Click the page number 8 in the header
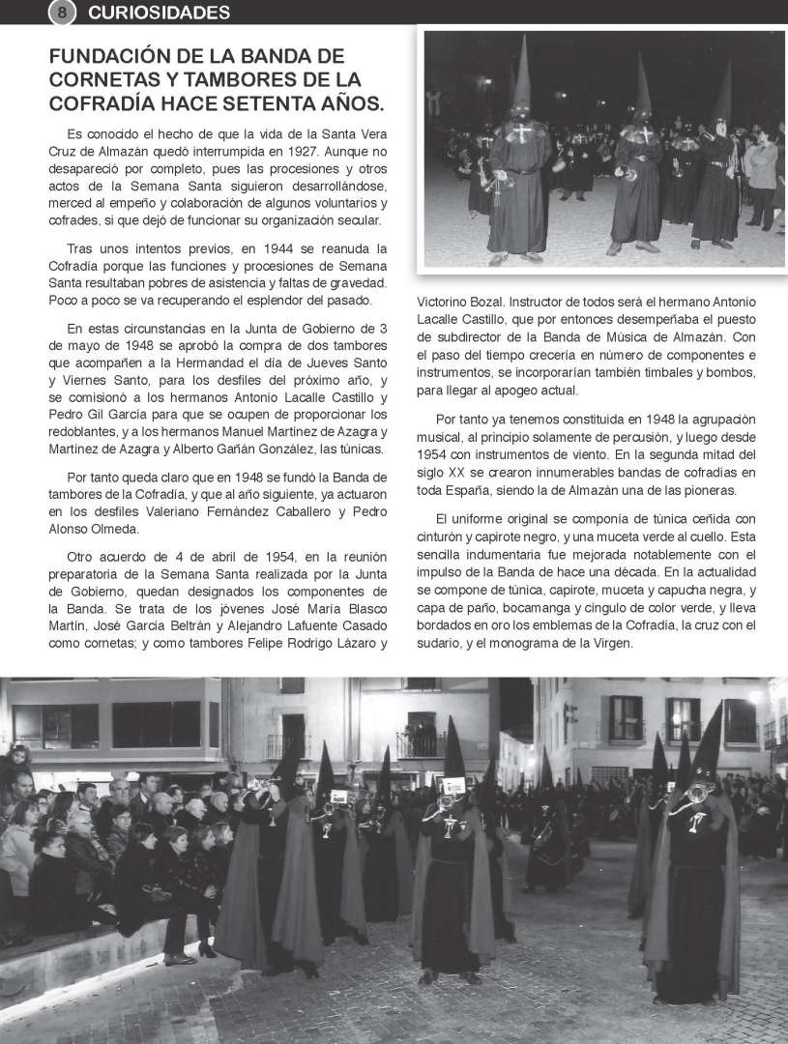[61, 13]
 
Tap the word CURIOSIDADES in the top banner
[159, 13]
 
